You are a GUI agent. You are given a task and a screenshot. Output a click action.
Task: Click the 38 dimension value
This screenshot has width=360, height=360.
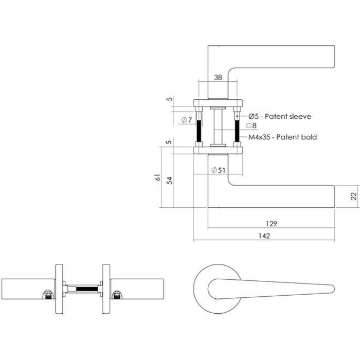(x=217, y=78)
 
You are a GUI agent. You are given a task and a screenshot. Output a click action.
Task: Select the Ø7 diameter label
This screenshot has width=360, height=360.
(x=187, y=121)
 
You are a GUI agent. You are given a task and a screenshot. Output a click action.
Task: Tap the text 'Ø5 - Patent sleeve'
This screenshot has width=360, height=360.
(x=280, y=117)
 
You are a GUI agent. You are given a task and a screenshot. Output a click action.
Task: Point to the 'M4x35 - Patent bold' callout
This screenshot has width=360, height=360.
(x=282, y=137)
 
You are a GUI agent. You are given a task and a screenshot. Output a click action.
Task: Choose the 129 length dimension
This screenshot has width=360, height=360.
(x=272, y=223)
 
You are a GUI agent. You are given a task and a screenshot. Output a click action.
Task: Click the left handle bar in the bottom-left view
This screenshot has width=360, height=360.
(x=26, y=289)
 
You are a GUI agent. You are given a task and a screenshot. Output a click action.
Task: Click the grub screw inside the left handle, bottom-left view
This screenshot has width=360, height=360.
(x=48, y=295)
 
